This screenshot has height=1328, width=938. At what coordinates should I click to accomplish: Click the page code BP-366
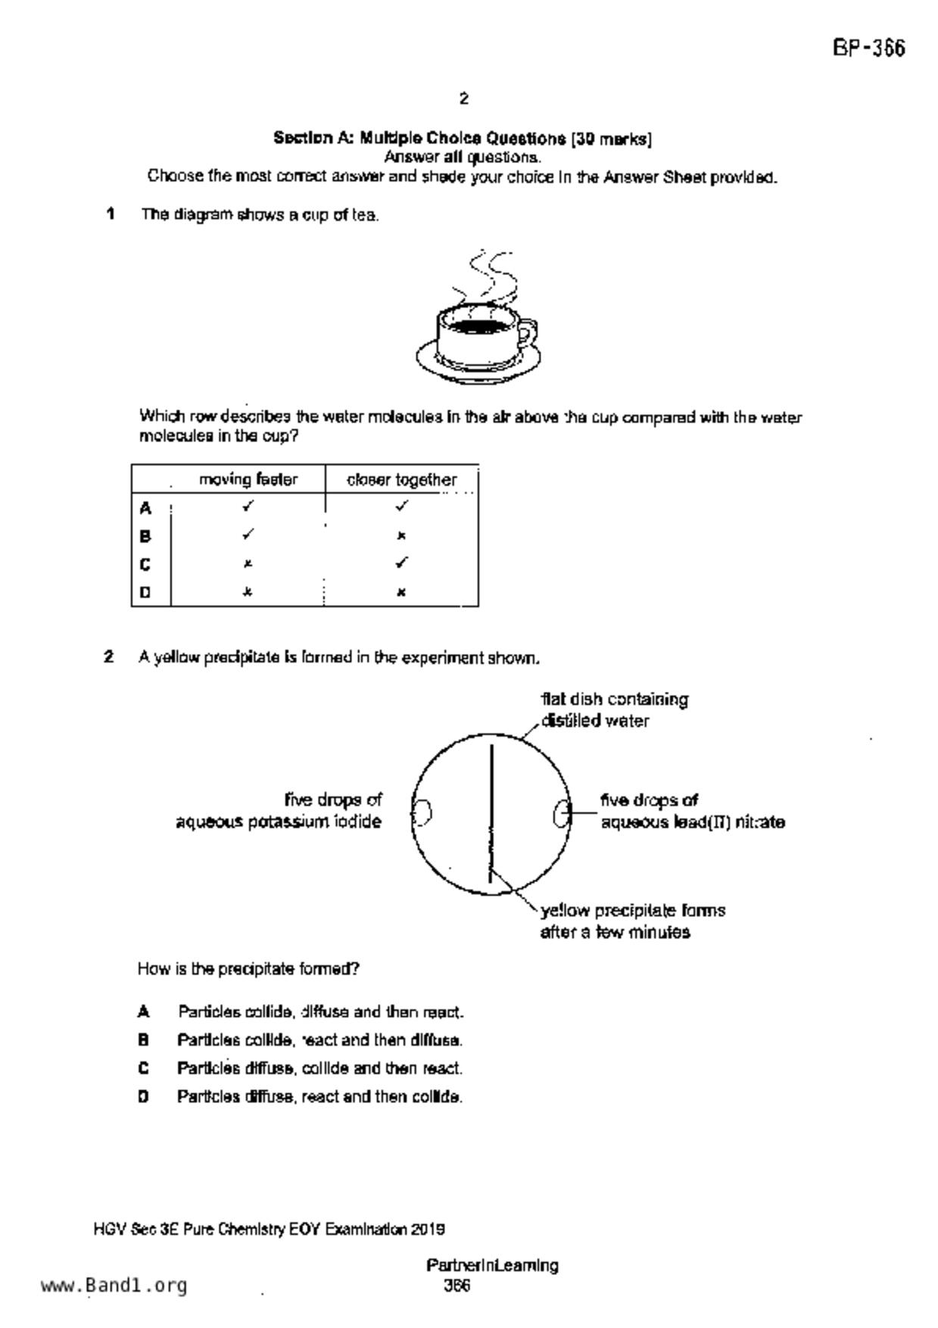[868, 49]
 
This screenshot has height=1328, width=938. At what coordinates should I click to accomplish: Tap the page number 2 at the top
[463, 98]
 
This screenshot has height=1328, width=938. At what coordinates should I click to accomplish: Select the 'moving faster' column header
[248, 479]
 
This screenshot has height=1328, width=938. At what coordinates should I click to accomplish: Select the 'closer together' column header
[401, 480]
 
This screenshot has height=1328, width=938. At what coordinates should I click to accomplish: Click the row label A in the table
[145, 508]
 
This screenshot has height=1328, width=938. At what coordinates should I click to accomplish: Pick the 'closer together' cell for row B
[401, 536]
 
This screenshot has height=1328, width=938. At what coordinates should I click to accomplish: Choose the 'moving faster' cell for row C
[248, 564]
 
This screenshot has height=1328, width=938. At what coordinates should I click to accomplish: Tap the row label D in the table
[145, 593]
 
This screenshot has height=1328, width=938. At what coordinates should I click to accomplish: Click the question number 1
[111, 214]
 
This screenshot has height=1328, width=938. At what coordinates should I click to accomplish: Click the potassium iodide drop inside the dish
[422, 812]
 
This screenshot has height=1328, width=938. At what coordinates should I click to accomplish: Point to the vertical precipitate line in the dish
[491, 814]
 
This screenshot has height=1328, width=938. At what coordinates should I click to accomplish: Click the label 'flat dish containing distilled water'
[613, 709]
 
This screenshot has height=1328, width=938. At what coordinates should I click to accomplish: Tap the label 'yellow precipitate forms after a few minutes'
[632, 921]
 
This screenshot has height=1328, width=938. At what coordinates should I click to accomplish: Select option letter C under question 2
[144, 1068]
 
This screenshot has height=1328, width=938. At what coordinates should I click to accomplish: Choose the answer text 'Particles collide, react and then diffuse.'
[319, 1040]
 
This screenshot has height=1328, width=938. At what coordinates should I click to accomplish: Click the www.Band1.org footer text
[114, 1286]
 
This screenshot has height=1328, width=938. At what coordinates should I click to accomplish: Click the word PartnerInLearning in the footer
[492, 1265]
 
